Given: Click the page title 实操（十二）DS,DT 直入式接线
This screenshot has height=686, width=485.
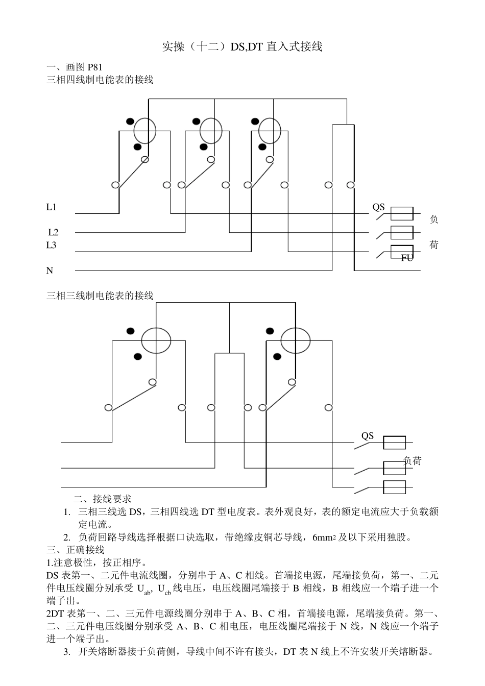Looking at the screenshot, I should pos(242,47).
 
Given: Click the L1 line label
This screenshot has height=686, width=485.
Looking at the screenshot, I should pos(52,207).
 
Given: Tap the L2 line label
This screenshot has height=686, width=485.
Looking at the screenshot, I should pos(53,232).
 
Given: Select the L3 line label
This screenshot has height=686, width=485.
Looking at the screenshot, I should pos(52,245).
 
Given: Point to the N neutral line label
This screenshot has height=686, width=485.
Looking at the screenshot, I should pos(50,271).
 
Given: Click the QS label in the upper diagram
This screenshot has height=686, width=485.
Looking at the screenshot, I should pos(378,207).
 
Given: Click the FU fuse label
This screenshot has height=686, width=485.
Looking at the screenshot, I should pos(407,258).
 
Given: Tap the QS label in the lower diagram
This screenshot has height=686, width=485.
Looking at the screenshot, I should pos(368,436).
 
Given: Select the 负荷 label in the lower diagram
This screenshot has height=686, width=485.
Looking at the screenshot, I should pos(413,461).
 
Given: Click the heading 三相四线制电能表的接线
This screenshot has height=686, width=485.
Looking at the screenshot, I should pos(100,80).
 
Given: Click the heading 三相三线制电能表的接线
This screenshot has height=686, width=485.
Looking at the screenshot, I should pos(100,296).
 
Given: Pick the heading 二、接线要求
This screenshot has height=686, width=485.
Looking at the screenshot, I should pos(103,499).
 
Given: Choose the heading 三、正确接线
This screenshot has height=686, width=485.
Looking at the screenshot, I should pos(76,550).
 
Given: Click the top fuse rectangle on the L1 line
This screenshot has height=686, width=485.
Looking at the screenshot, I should pos(402,214).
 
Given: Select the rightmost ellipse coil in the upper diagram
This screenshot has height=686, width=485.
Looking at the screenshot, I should pos(270,131).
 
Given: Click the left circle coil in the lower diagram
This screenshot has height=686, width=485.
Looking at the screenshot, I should pos(156,340).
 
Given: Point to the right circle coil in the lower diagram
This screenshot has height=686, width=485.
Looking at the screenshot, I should pos(295,340).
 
